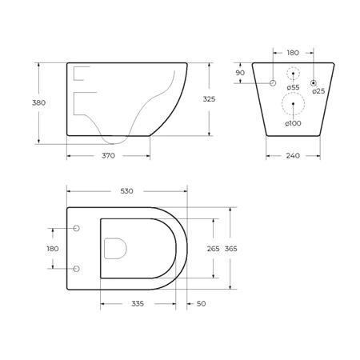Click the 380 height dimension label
point(38,102)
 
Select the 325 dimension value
point(209,99)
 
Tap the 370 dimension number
point(108,155)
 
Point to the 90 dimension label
point(240,73)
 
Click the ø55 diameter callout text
point(293,87)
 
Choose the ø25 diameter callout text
point(318,91)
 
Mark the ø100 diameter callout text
point(293,123)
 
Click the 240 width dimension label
point(293,155)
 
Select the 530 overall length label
point(126,191)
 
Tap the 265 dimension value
point(214,249)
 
